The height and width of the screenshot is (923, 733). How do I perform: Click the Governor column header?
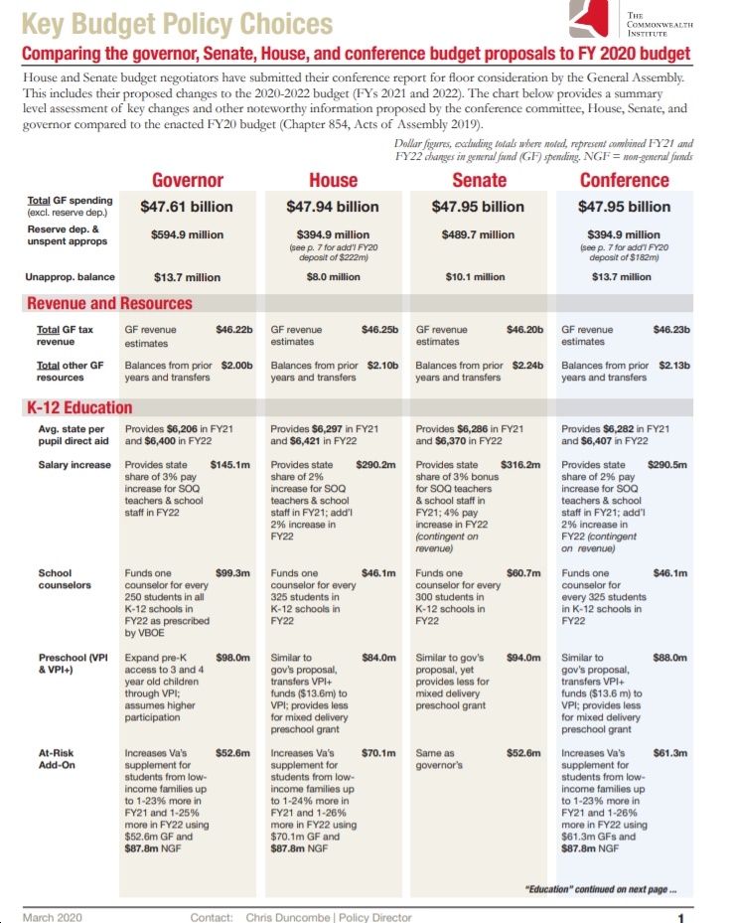click(188, 180)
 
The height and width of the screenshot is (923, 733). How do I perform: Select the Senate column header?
click(479, 180)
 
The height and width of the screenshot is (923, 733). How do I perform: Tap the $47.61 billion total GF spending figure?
click(187, 207)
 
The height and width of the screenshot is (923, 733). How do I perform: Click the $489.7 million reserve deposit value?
click(478, 234)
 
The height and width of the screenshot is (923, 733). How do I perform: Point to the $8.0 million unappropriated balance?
click(333, 276)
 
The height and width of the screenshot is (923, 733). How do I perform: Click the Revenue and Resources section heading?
click(109, 303)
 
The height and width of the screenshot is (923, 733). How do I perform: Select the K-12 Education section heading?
click(79, 407)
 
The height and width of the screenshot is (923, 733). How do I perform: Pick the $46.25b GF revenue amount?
click(380, 330)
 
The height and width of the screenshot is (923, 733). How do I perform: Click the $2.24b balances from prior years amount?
click(527, 365)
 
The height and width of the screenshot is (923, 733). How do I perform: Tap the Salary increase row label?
click(74, 464)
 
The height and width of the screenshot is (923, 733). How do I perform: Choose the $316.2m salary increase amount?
click(520, 464)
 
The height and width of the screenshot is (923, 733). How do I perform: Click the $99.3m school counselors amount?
click(233, 572)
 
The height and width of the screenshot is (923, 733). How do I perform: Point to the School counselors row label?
click(65, 578)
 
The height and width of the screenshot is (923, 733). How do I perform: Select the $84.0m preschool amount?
click(378, 658)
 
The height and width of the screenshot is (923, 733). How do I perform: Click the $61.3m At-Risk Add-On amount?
click(670, 753)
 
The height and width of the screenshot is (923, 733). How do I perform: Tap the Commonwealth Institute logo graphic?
click(588, 19)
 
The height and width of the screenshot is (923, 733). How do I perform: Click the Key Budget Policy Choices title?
click(177, 24)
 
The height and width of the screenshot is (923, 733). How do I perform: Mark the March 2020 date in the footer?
click(53, 917)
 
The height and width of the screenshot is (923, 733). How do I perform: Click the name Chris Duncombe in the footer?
click(288, 917)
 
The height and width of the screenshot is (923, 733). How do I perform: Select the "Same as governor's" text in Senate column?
click(439, 759)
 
